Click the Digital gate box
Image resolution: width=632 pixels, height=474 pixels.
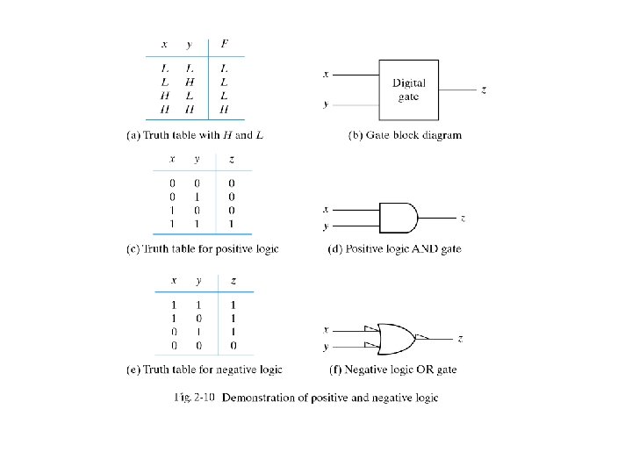pos(408,90)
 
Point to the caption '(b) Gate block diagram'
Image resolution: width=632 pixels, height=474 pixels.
pos(405,135)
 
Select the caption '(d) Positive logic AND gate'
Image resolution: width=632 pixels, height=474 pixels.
pos(393,249)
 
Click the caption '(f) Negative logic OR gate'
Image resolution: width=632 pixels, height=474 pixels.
pos(391,370)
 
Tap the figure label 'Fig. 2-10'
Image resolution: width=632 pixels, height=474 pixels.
pos(194,398)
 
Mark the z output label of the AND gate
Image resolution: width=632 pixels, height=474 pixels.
pos(463,218)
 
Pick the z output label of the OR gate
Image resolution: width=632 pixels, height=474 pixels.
pos(460,338)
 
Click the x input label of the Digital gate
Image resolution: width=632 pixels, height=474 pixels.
pos(326,74)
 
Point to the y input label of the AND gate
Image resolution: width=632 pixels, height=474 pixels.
pos(326,225)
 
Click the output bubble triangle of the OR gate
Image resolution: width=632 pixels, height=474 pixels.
pos(422,337)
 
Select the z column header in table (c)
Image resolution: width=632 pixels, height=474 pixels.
pos(231,159)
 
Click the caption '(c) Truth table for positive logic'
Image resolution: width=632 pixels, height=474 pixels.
pos(203,249)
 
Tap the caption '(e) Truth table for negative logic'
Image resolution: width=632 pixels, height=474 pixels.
pos(205,370)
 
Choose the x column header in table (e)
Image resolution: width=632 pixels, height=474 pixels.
pos(174,280)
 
